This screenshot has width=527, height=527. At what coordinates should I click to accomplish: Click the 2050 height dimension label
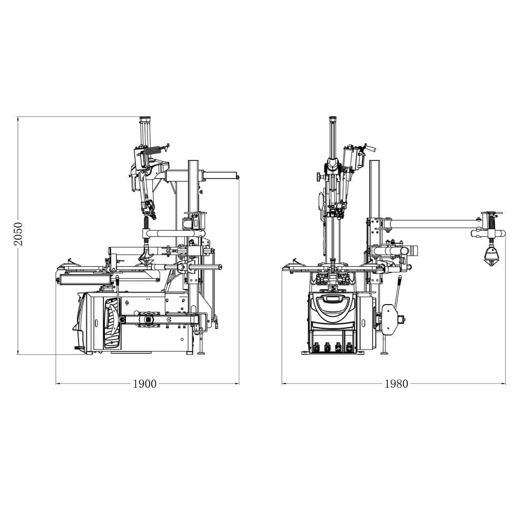click(x=18, y=233)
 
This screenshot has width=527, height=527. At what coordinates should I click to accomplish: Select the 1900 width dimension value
click(x=145, y=384)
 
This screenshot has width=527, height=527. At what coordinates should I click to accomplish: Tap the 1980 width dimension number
click(x=396, y=384)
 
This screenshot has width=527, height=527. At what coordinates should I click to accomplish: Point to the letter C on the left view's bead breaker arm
click(x=169, y=319)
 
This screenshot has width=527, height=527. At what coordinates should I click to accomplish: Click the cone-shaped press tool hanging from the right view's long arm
click(x=491, y=256)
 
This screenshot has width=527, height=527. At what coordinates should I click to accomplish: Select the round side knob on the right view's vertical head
click(x=318, y=177)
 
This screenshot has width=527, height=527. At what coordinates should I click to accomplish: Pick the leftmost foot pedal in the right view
click(x=317, y=347)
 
